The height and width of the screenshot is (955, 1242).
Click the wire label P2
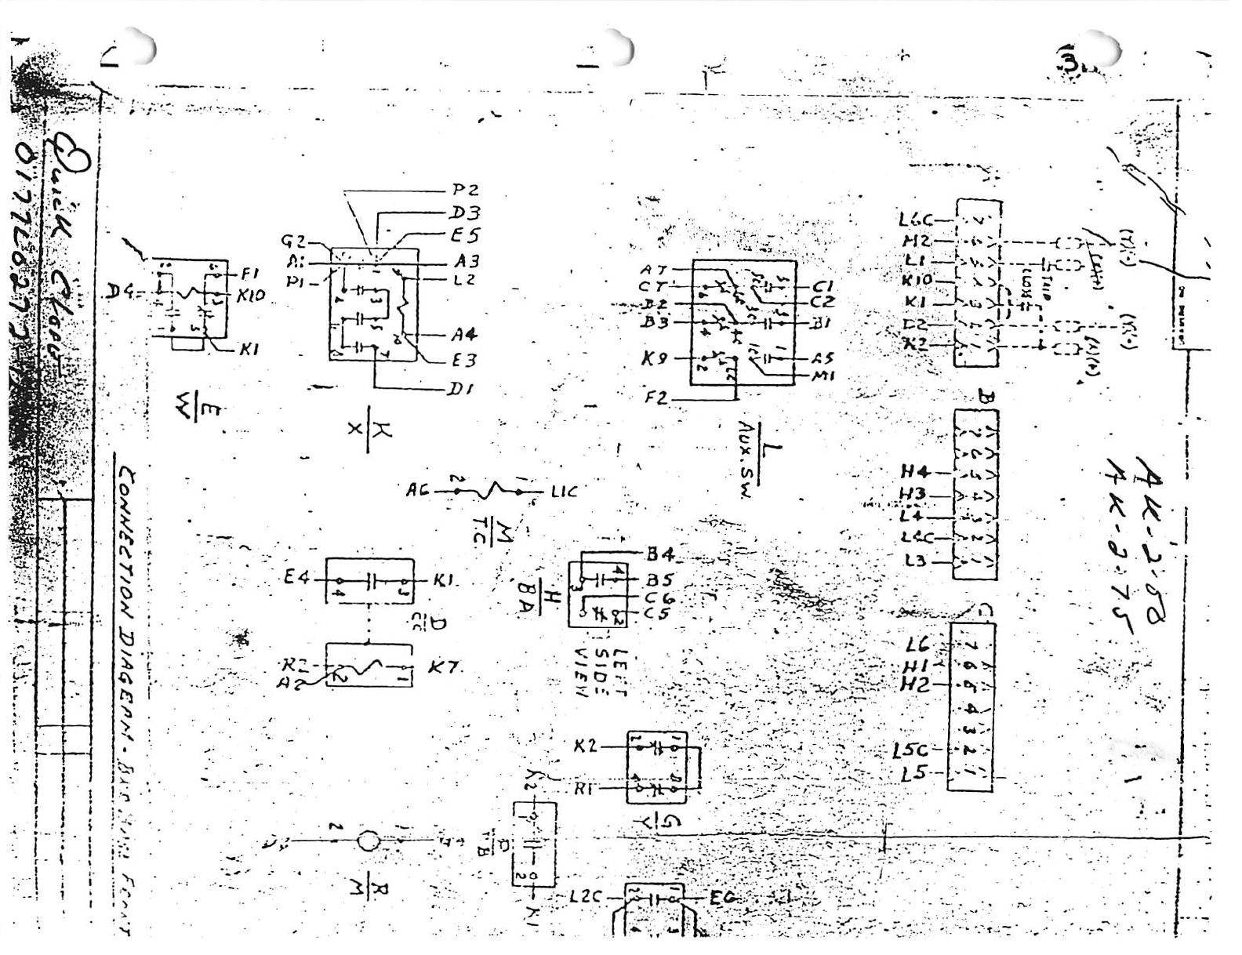click(465, 191)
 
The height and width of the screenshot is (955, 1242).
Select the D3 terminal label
click(465, 213)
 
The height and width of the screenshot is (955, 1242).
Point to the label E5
click(465, 235)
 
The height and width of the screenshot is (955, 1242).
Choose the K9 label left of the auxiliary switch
click(655, 358)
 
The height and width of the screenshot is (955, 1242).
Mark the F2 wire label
click(656, 398)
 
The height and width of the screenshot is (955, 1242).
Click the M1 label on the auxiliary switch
click(823, 376)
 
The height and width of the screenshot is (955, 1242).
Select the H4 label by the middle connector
click(915, 472)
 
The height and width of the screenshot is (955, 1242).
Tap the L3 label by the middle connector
click(914, 561)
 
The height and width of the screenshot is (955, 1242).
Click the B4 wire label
click(660, 555)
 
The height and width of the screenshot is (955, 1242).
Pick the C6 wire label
click(660, 598)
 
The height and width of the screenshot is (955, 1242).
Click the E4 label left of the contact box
click(297, 579)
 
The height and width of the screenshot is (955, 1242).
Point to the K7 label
click(443, 668)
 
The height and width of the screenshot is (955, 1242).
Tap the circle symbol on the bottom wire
click(368, 842)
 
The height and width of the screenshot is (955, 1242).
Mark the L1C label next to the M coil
click(564, 492)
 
